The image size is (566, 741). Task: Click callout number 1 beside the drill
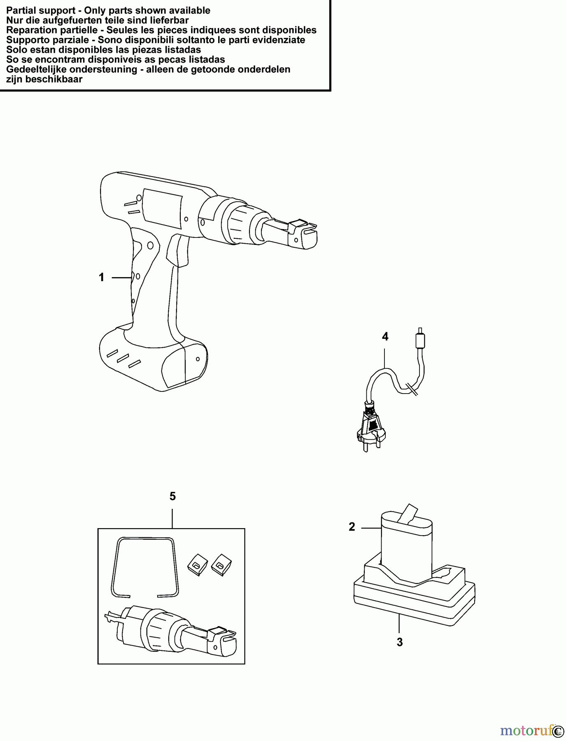click(x=101, y=277)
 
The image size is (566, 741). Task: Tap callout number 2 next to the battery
click(x=352, y=527)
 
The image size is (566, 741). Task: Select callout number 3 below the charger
click(x=399, y=642)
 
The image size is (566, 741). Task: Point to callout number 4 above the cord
click(x=385, y=337)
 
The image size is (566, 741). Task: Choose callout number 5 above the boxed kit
click(x=172, y=496)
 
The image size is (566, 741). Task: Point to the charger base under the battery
click(x=414, y=597)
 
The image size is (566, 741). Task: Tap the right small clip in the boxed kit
click(x=221, y=563)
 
